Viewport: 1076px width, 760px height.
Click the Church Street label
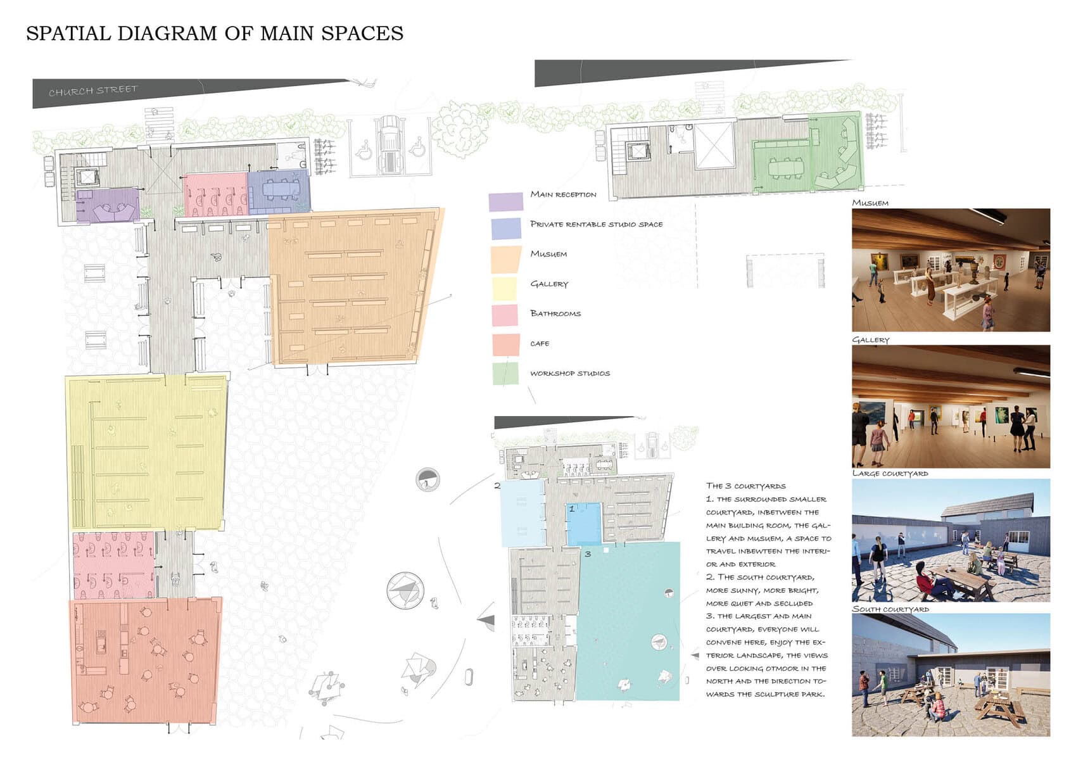point(92,91)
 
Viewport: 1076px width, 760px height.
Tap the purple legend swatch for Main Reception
point(506,202)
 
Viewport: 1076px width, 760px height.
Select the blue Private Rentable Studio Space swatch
point(506,229)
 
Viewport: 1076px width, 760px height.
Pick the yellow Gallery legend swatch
point(504,288)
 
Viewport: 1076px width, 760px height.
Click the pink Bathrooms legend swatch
point(504,315)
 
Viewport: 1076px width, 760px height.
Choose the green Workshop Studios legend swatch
point(505,374)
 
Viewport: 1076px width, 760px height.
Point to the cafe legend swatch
point(506,345)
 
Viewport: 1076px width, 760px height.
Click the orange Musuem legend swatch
point(506,260)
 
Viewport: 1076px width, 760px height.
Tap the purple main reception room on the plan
point(108,206)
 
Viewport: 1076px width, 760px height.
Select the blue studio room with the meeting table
point(279,191)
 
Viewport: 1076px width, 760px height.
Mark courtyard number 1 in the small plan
point(584,524)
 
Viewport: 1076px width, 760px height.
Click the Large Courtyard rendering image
point(951,540)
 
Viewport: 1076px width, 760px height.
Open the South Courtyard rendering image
point(951,674)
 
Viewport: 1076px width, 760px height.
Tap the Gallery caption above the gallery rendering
point(870,340)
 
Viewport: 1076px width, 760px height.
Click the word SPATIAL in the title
point(68,34)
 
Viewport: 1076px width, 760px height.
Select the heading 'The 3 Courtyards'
point(745,486)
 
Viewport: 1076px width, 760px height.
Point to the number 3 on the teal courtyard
point(588,554)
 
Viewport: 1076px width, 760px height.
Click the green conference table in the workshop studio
point(785,168)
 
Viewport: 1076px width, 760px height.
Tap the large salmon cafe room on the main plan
point(146,661)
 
